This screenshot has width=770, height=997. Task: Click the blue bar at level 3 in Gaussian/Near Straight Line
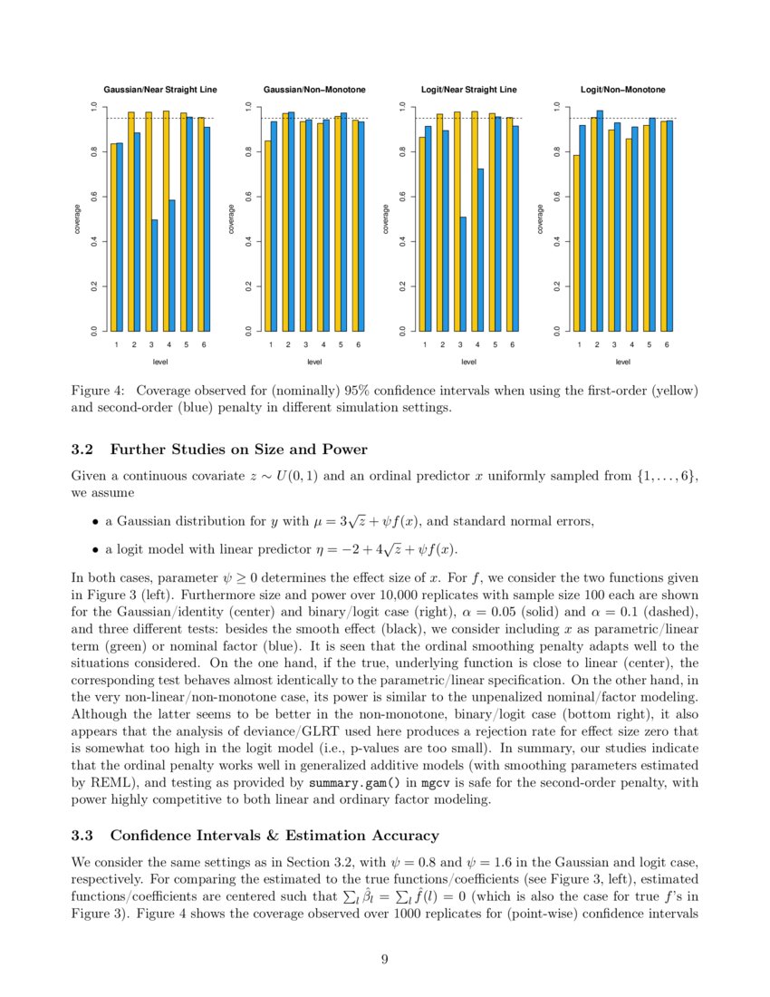[154, 276]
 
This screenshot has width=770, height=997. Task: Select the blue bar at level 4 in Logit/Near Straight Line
[480, 250]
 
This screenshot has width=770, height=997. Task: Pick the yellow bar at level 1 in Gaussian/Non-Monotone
[267, 236]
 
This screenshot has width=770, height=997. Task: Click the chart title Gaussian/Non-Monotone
[314, 90]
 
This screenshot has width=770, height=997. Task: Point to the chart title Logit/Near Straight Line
[469, 90]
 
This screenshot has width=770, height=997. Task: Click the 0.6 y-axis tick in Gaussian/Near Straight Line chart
[93, 196]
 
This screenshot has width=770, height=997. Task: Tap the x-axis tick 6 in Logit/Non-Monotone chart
[666, 345]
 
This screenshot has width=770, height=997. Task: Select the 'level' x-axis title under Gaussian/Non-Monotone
[314, 362]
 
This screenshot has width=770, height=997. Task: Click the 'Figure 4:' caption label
[97, 391]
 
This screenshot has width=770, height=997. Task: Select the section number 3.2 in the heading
[83, 450]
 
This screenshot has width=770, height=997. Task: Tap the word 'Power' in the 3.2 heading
[344, 450]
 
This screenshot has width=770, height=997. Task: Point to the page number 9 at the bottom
[385, 961]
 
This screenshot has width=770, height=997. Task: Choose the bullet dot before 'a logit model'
[95, 549]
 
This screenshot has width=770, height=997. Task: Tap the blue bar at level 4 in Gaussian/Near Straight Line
[171, 266]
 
